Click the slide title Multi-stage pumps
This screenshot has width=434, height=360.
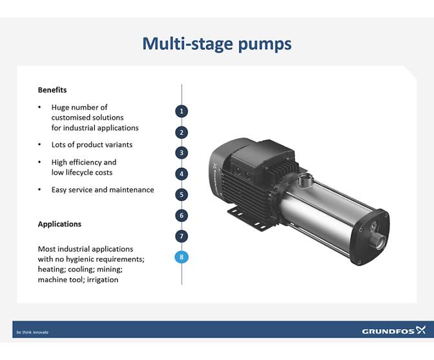(216, 44)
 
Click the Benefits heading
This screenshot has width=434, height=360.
(52, 90)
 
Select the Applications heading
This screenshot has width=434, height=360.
(59, 224)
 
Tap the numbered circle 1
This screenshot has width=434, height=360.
(182, 111)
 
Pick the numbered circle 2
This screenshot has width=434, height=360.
(182, 132)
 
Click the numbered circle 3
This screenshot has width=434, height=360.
(182, 153)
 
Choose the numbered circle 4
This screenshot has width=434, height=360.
(182, 174)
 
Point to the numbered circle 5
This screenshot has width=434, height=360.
(182, 194)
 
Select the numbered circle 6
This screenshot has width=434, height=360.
(182, 215)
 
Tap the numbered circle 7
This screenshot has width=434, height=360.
(182, 236)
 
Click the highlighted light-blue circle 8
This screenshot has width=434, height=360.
(182, 257)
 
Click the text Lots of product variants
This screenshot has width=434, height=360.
(92, 145)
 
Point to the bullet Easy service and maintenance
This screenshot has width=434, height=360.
(103, 190)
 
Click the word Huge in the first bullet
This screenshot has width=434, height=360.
(61, 107)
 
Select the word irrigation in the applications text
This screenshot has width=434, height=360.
(101, 279)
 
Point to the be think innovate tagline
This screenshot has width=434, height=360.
(32, 332)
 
